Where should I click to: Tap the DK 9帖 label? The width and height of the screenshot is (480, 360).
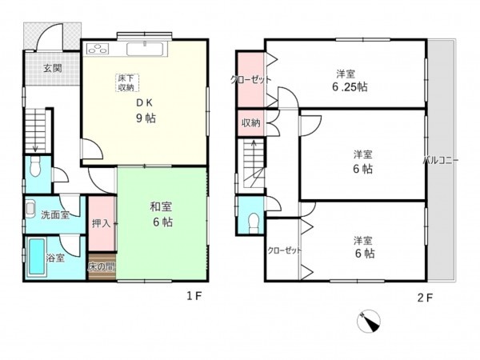click(x=146, y=111)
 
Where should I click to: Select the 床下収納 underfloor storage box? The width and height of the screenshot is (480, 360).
click(x=127, y=82)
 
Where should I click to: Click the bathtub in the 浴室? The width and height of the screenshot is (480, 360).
click(x=35, y=258)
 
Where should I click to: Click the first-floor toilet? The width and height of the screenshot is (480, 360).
click(x=34, y=170)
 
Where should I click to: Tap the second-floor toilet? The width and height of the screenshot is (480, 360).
click(x=254, y=221)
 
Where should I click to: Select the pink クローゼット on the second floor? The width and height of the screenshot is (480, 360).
click(x=250, y=79)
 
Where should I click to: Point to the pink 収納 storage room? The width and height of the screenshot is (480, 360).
click(x=250, y=123)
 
